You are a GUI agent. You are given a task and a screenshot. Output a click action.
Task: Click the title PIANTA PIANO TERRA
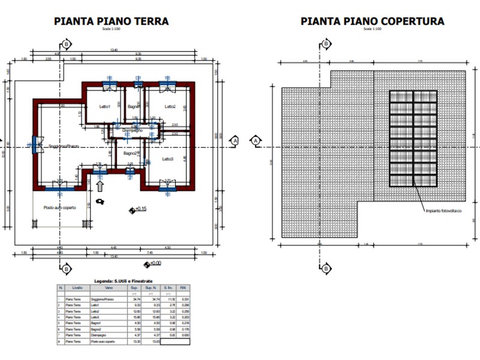coord(111,22)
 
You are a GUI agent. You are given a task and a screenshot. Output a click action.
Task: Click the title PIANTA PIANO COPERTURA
coord(372,22)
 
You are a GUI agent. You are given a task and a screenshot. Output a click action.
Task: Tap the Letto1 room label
coord(106,107)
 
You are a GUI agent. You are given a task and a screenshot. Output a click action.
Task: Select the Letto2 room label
coord(170,107)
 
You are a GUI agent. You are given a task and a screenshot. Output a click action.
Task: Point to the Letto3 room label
coord(168,159)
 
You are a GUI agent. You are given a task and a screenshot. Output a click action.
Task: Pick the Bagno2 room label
coord(131,154)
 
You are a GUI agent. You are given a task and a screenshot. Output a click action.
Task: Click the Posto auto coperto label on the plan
coord(60,208)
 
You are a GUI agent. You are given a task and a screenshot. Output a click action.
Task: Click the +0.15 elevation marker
coord(139,209)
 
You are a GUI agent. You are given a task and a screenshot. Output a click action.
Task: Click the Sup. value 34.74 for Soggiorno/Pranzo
coord(134,299)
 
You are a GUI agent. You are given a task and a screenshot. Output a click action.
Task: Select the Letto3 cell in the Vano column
coord(95,317)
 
